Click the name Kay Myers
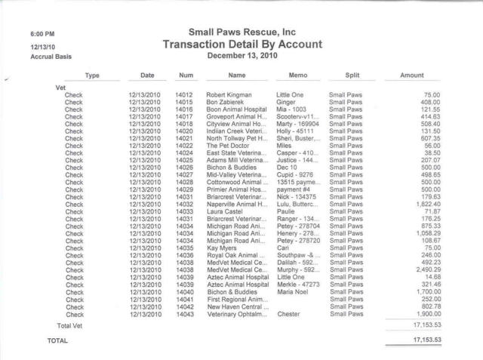pyautogui.click(x=222, y=248)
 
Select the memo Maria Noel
pyautogui.click(x=294, y=291)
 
